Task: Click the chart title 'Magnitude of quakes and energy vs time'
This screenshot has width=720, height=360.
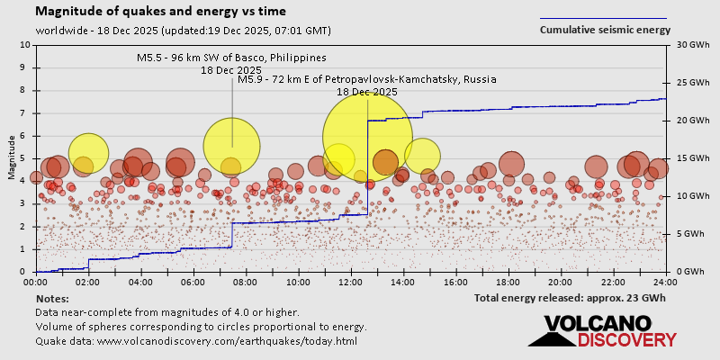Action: (161, 12)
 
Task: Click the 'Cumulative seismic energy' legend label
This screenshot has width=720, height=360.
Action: (605, 30)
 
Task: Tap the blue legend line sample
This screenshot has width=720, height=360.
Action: (603, 18)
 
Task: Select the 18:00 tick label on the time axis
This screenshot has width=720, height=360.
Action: (508, 281)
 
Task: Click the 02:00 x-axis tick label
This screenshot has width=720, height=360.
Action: (88, 281)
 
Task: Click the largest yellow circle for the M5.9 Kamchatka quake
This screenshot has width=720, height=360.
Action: (367, 138)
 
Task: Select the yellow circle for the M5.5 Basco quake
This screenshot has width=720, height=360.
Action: (232, 147)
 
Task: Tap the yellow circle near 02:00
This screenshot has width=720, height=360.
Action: (88, 153)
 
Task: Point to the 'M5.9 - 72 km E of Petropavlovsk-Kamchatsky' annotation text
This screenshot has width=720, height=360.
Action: (366, 79)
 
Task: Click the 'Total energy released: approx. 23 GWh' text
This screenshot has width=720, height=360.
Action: (570, 298)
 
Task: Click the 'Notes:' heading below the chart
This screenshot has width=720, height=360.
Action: (52, 298)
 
